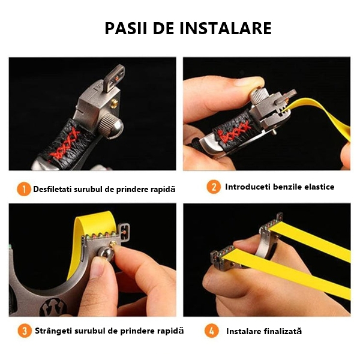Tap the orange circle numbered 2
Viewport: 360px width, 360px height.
click(214, 187)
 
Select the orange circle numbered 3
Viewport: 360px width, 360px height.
click(23, 331)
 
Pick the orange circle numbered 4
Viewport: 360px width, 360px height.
click(211, 331)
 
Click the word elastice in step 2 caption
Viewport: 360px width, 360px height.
click(316, 187)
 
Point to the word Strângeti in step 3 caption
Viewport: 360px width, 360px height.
click(55, 331)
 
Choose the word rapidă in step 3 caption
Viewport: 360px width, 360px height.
click(170, 331)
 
